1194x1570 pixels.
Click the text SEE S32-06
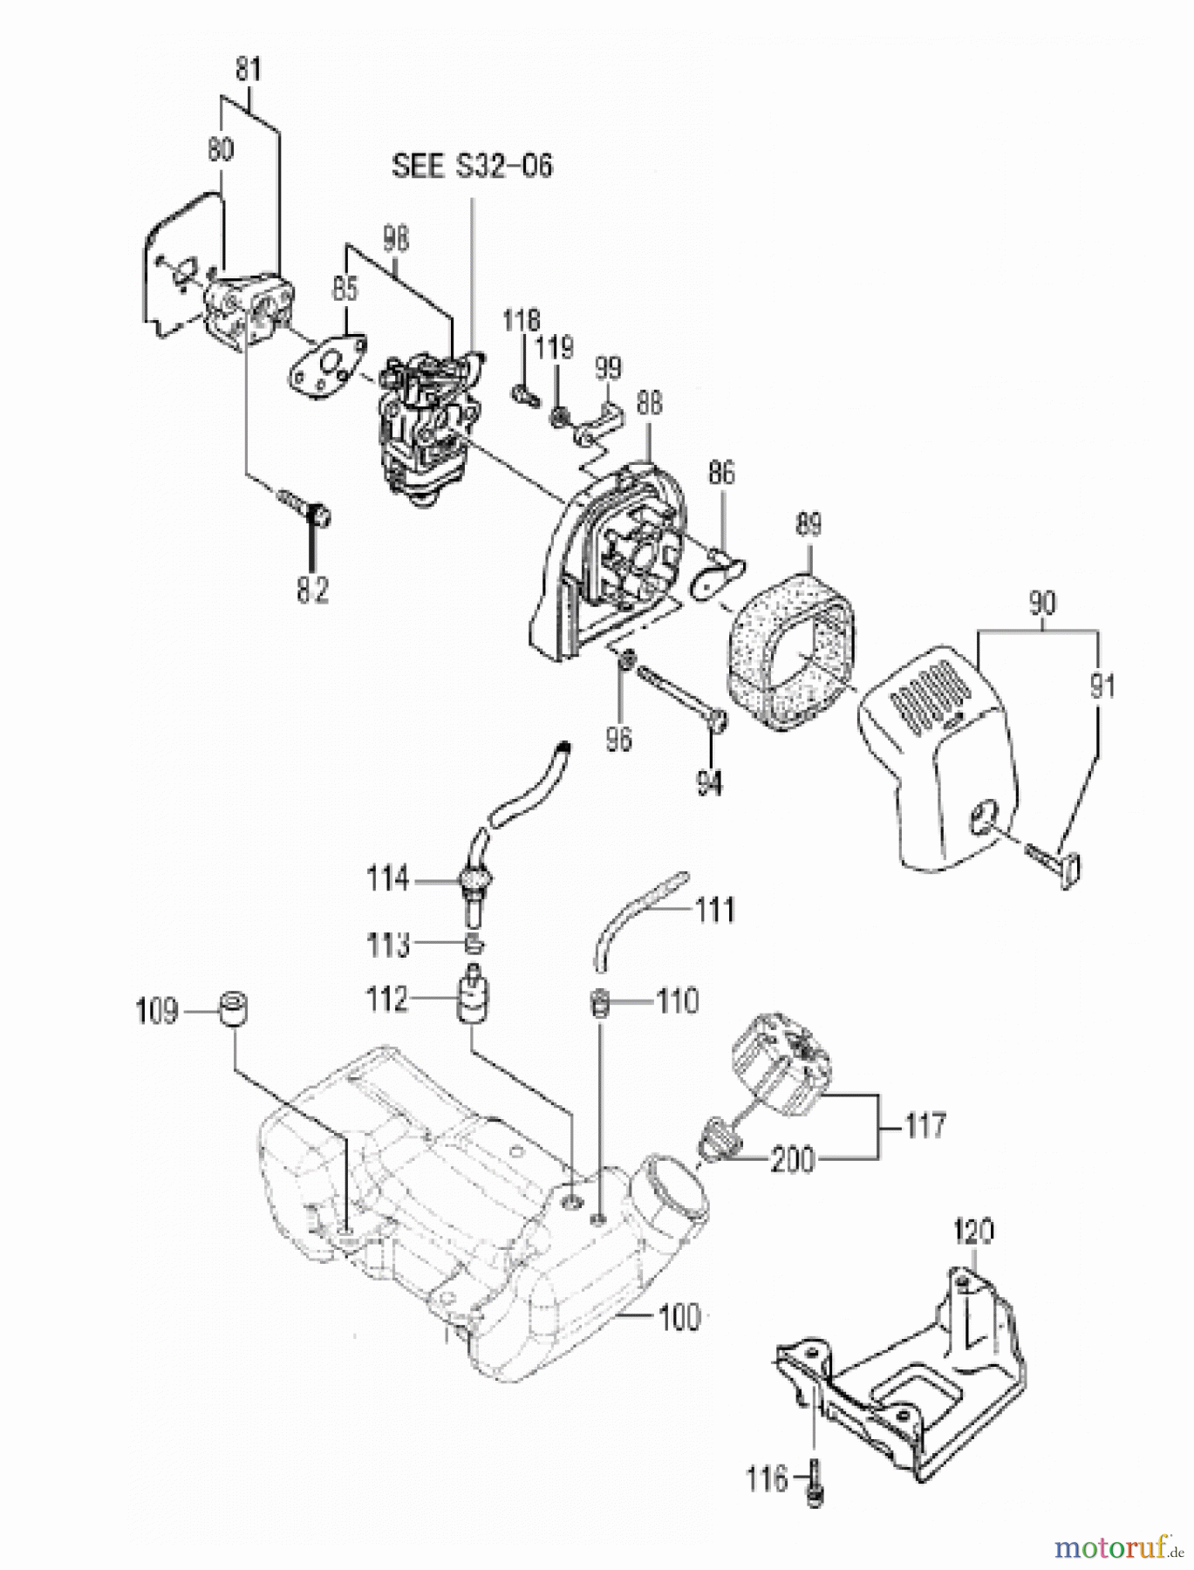[x=472, y=166]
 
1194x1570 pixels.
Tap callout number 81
[x=249, y=69]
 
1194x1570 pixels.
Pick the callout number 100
[x=676, y=1316]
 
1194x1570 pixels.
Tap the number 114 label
[x=387, y=879]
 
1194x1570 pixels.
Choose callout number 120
[x=972, y=1232]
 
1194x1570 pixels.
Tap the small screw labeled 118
[x=522, y=393]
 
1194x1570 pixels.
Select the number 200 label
[x=793, y=1160]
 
